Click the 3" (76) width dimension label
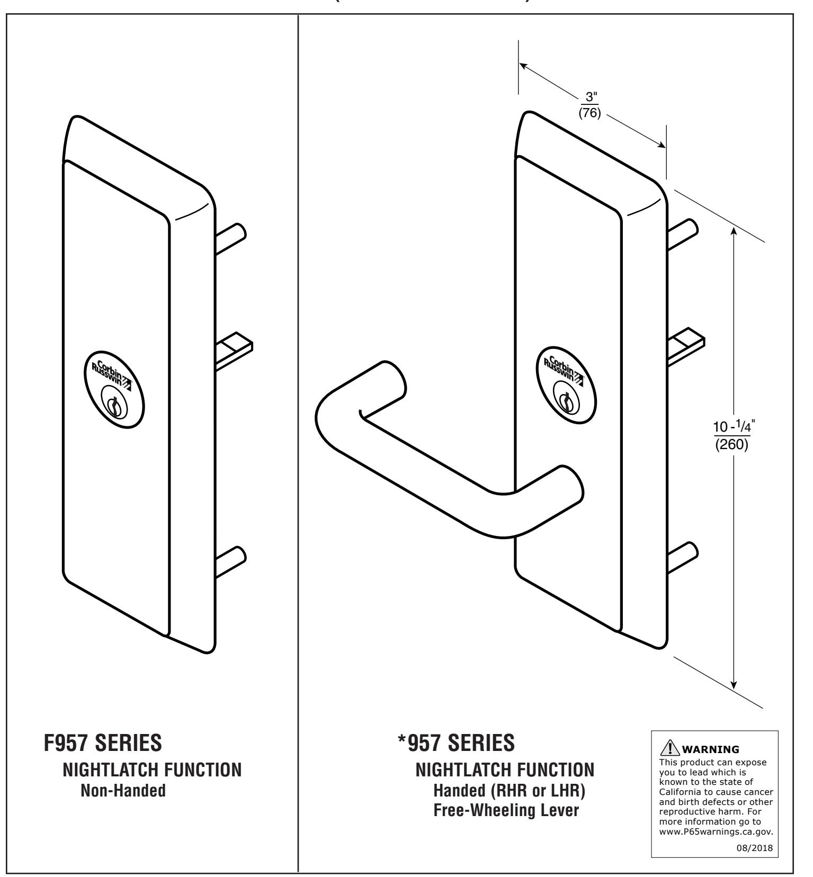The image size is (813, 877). [589, 105]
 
